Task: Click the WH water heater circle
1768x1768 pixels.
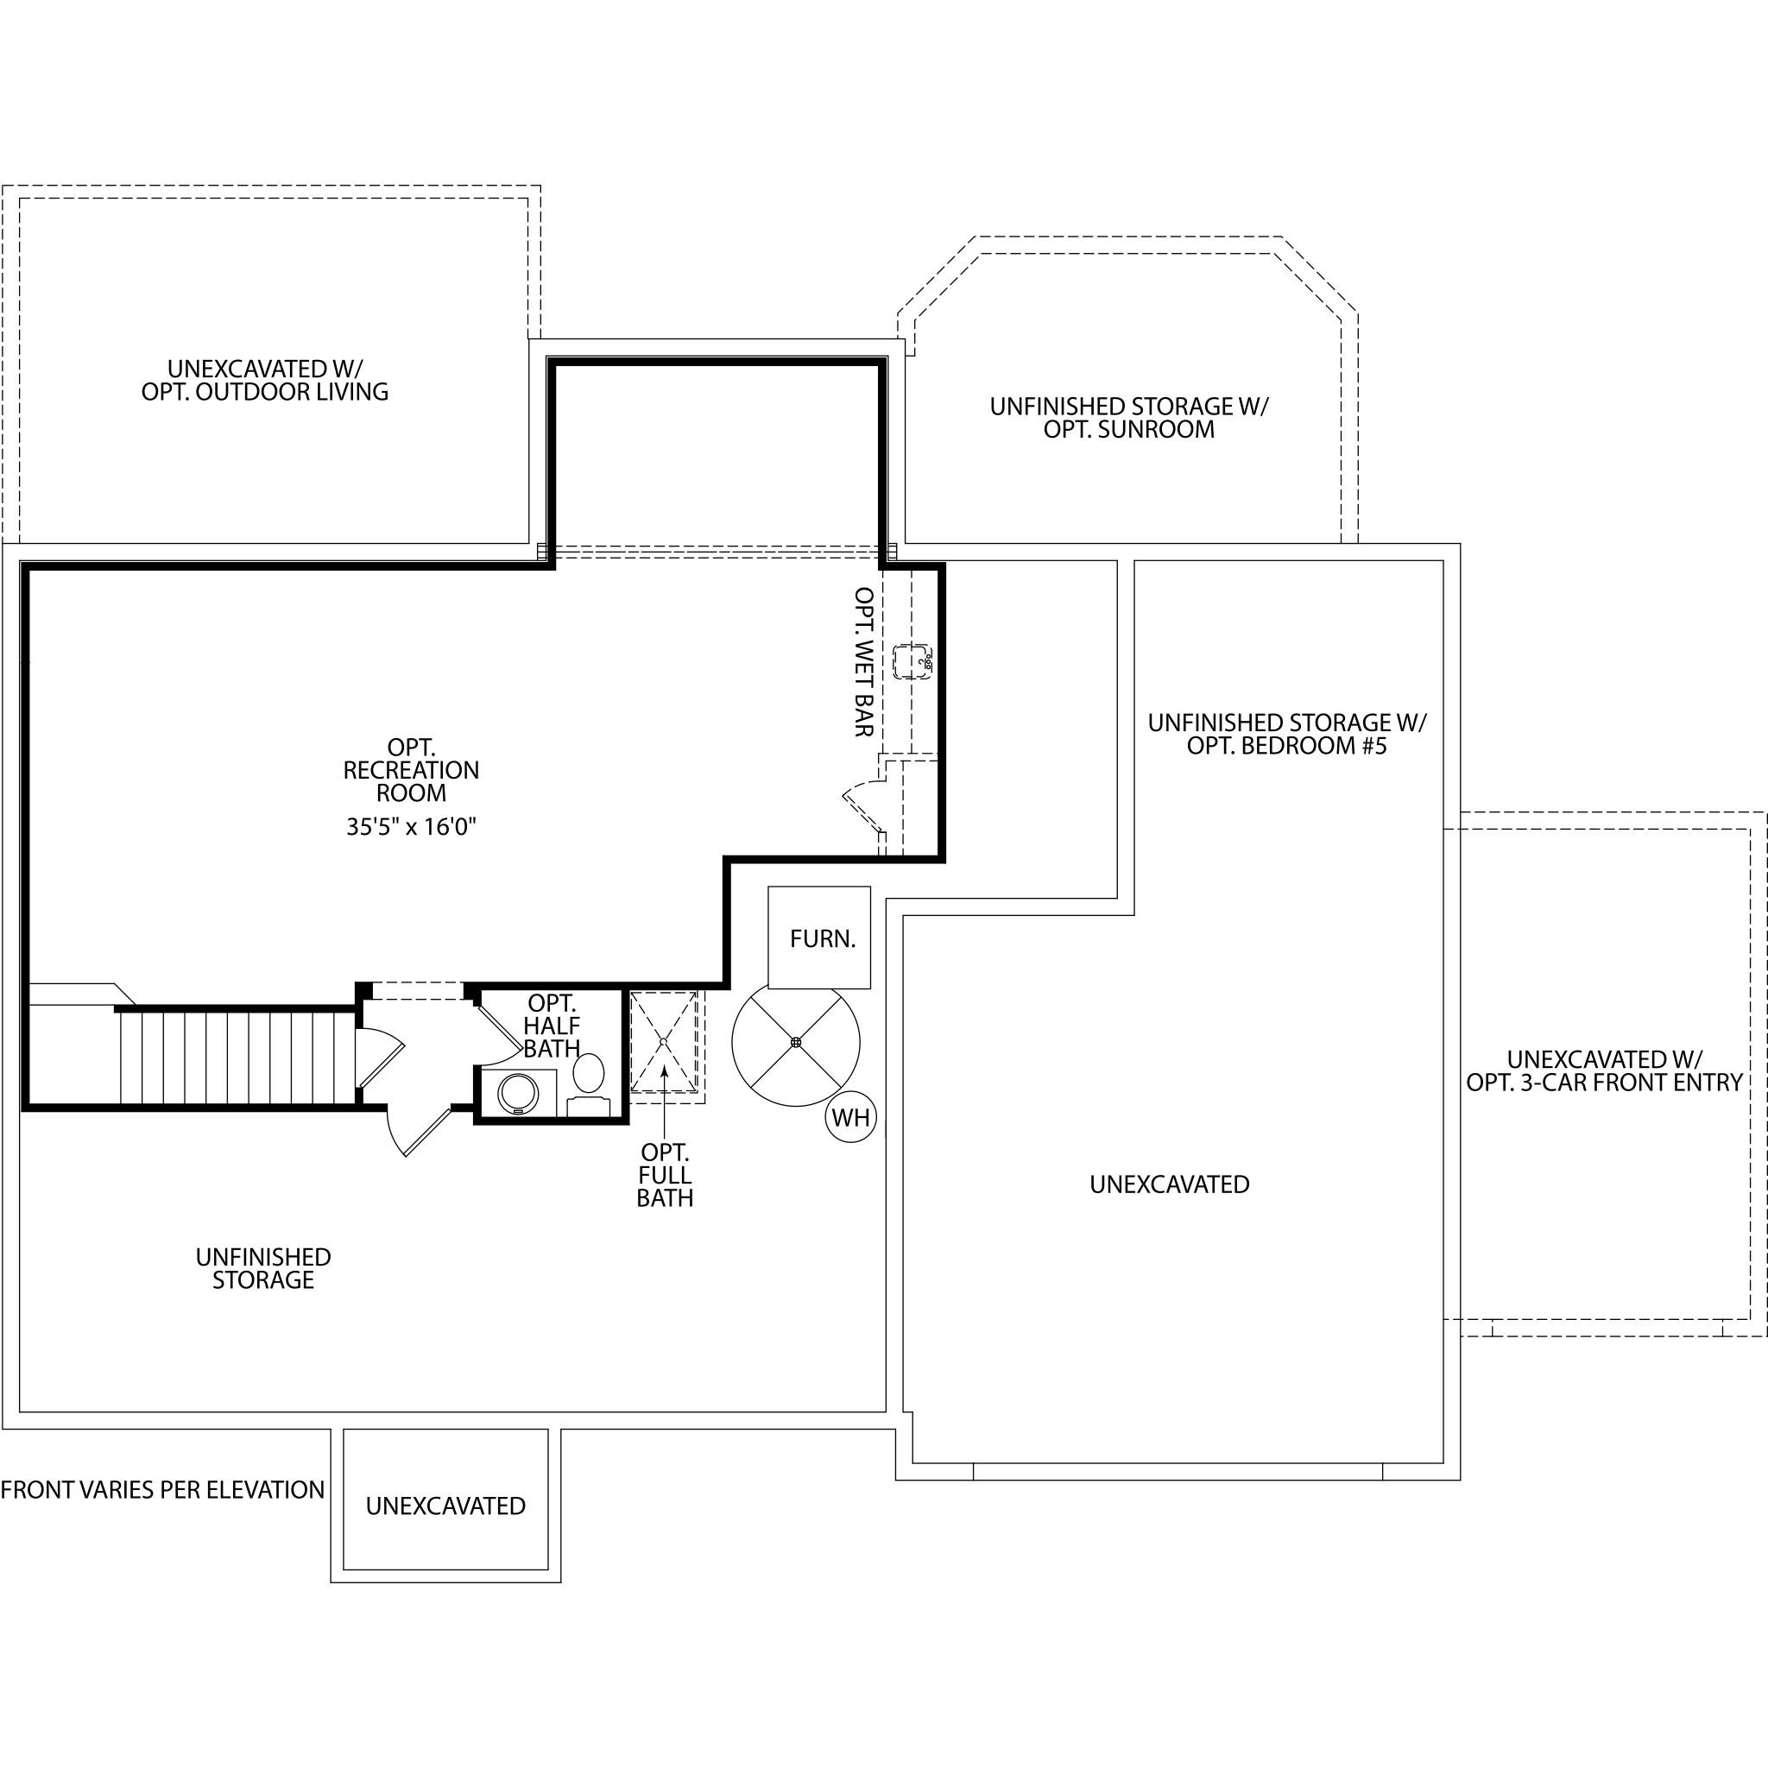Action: point(850,1117)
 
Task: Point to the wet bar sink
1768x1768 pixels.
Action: point(912,660)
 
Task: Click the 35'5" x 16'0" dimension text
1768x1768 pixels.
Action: point(412,826)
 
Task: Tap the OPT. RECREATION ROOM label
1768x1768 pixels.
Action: point(411,769)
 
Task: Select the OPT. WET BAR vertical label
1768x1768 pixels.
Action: point(863,661)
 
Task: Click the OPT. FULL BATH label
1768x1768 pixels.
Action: point(666,1175)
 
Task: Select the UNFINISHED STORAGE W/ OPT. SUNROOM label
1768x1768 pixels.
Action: point(1129,417)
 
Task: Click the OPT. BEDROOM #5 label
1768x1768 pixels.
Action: point(1286,746)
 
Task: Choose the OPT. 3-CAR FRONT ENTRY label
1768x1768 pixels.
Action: point(1604,1083)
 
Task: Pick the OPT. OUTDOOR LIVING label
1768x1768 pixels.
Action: point(264,392)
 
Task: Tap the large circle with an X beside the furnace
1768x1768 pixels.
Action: point(795,1041)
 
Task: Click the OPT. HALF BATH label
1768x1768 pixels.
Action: point(552,1026)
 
